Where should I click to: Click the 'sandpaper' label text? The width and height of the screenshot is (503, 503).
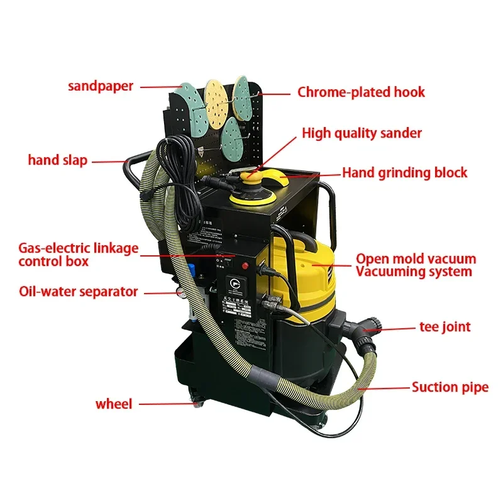(x=101, y=86)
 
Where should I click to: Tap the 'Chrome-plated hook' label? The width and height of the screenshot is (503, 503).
(x=361, y=92)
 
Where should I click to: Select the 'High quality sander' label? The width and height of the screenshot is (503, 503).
(x=362, y=133)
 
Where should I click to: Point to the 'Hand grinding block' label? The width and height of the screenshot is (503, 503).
(x=404, y=172)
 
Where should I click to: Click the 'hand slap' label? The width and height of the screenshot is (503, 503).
(x=57, y=160)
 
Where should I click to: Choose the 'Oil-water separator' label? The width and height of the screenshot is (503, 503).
(x=78, y=292)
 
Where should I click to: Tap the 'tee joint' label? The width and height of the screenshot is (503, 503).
(x=445, y=326)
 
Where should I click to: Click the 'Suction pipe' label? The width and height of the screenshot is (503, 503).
(x=450, y=387)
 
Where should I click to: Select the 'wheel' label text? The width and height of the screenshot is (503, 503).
(x=114, y=404)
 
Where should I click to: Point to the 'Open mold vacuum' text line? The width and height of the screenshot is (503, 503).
(x=416, y=258)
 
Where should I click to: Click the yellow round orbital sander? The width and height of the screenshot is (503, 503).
(x=255, y=188)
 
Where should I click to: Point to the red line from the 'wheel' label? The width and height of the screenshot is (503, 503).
(x=167, y=404)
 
